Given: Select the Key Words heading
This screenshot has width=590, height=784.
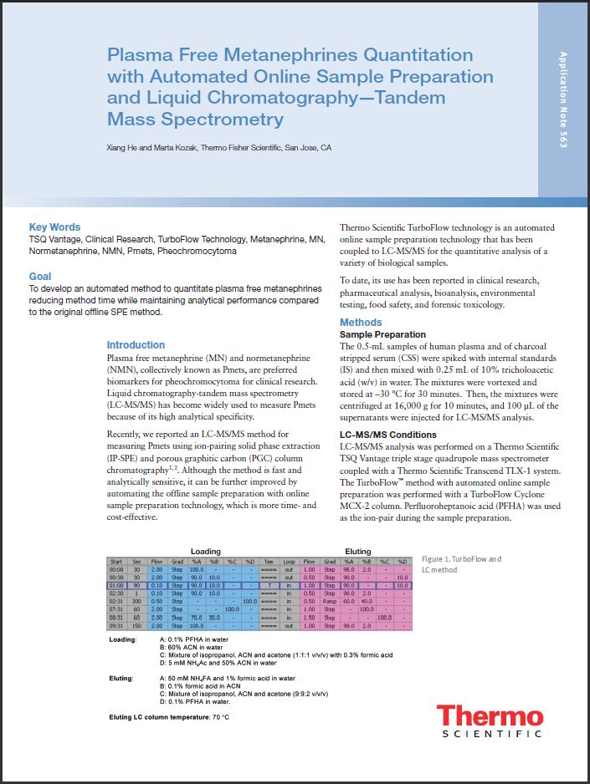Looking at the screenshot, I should (x=54, y=227).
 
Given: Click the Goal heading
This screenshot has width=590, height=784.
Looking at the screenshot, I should (x=39, y=277).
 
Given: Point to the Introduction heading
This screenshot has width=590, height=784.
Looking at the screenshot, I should (x=136, y=345).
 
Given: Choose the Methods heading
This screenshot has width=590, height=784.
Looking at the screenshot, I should (x=361, y=323).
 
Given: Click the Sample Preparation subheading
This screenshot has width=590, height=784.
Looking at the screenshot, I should (x=382, y=334).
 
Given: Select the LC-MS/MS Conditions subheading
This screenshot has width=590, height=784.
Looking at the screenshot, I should (x=387, y=435).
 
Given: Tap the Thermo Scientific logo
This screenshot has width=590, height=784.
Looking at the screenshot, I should (x=490, y=722).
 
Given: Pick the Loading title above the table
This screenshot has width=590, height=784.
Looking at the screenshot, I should (x=206, y=552).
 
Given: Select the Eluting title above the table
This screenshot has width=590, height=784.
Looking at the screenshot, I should (x=358, y=552).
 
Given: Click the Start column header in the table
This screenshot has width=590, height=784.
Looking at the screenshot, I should (x=116, y=562).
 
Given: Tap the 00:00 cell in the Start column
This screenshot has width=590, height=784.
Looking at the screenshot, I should (x=116, y=570).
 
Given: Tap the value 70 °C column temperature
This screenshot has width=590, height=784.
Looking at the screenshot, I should (x=220, y=717).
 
